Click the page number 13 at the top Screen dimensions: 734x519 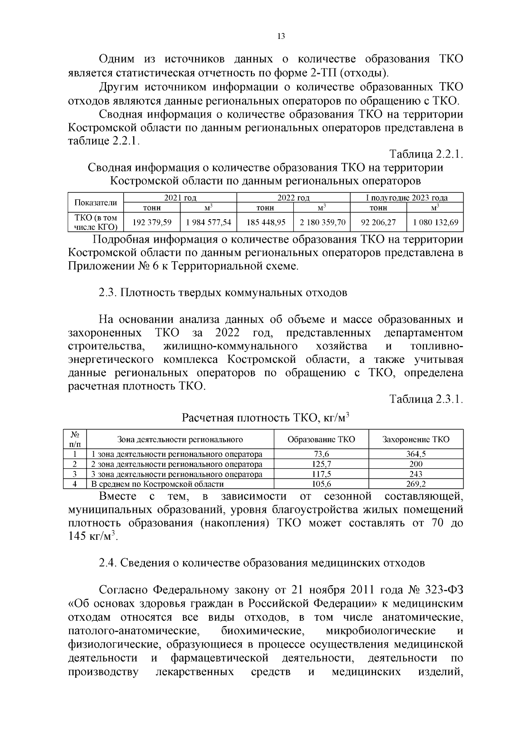click(281, 37)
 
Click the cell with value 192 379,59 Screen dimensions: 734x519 click(152, 223)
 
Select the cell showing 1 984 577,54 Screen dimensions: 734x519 click(208, 223)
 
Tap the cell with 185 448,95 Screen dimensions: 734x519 click(266, 223)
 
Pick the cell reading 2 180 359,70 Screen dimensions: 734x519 click(322, 223)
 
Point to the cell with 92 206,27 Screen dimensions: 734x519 click(378, 223)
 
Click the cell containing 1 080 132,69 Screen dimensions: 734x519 click(435, 223)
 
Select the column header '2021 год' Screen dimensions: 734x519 click(180, 198)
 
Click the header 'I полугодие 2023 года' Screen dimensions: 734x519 click(407, 198)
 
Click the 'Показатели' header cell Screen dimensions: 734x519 click(96, 202)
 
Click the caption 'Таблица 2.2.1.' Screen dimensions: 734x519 click(426, 154)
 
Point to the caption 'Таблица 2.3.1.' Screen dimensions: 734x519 click(426, 399)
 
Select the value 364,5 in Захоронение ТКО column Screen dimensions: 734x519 click(416, 454)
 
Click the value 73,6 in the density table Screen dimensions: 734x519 click(321, 454)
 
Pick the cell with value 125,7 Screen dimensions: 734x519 click(321, 464)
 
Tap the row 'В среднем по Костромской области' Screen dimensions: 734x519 click(158, 484)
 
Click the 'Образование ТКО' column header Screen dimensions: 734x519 click(321, 439)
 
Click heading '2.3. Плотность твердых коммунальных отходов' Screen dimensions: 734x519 click(223, 293)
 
